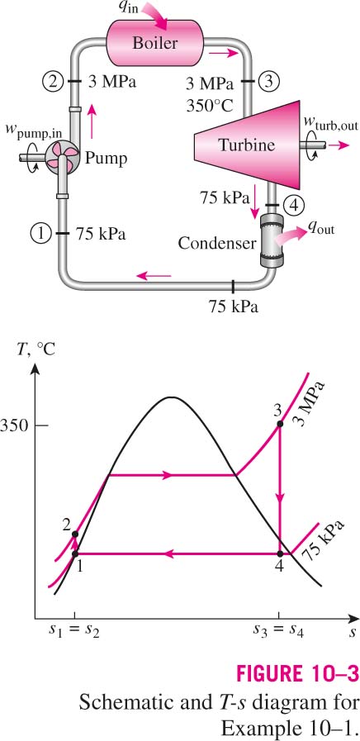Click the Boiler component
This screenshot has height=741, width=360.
pos(155,43)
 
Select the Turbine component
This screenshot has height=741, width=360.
pos(247,145)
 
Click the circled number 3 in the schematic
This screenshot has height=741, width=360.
pos(268,82)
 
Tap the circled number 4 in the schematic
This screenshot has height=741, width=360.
pos(294,205)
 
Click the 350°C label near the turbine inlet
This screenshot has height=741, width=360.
pos(210,103)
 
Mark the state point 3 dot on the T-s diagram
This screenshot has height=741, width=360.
pos(280,425)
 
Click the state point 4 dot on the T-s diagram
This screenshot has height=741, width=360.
pos(280,553)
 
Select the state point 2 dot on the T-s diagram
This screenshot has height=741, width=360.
pos(74,534)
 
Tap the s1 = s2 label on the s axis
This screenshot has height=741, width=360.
pos(74,631)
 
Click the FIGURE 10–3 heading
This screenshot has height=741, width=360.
pos(297,674)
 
